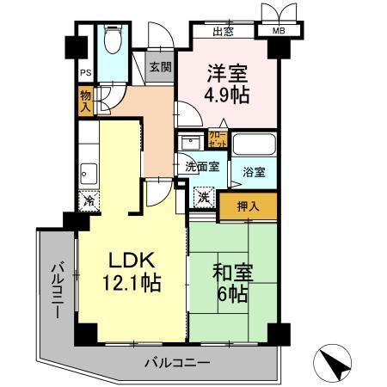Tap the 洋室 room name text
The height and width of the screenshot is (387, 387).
click(x=227, y=74)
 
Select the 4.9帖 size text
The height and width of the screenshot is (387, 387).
click(x=227, y=95)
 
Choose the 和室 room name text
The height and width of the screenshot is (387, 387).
click(x=231, y=275)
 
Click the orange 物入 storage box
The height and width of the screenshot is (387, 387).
click(x=85, y=101)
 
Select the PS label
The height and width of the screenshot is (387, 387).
click(x=85, y=73)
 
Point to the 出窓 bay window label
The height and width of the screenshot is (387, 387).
click(x=224, y=33)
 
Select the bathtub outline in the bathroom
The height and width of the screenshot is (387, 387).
click(x=254, y=143)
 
